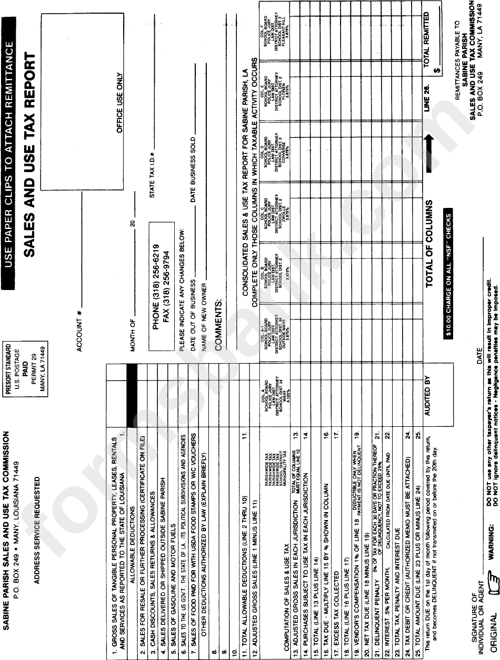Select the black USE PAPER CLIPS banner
click(x=11, y=153)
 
